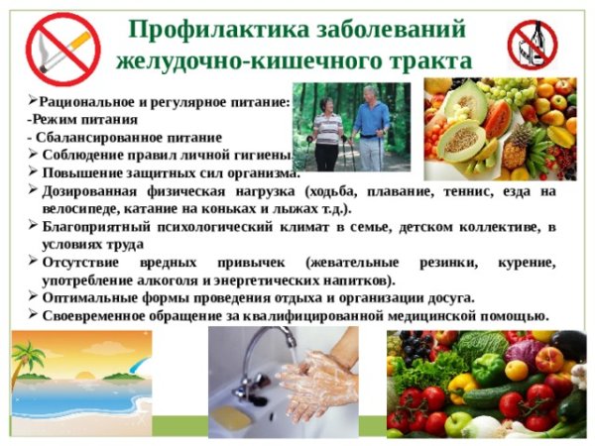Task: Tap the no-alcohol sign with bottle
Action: pos(534,45)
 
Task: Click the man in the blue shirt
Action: pos(373,124)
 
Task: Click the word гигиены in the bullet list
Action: pos(262,155)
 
